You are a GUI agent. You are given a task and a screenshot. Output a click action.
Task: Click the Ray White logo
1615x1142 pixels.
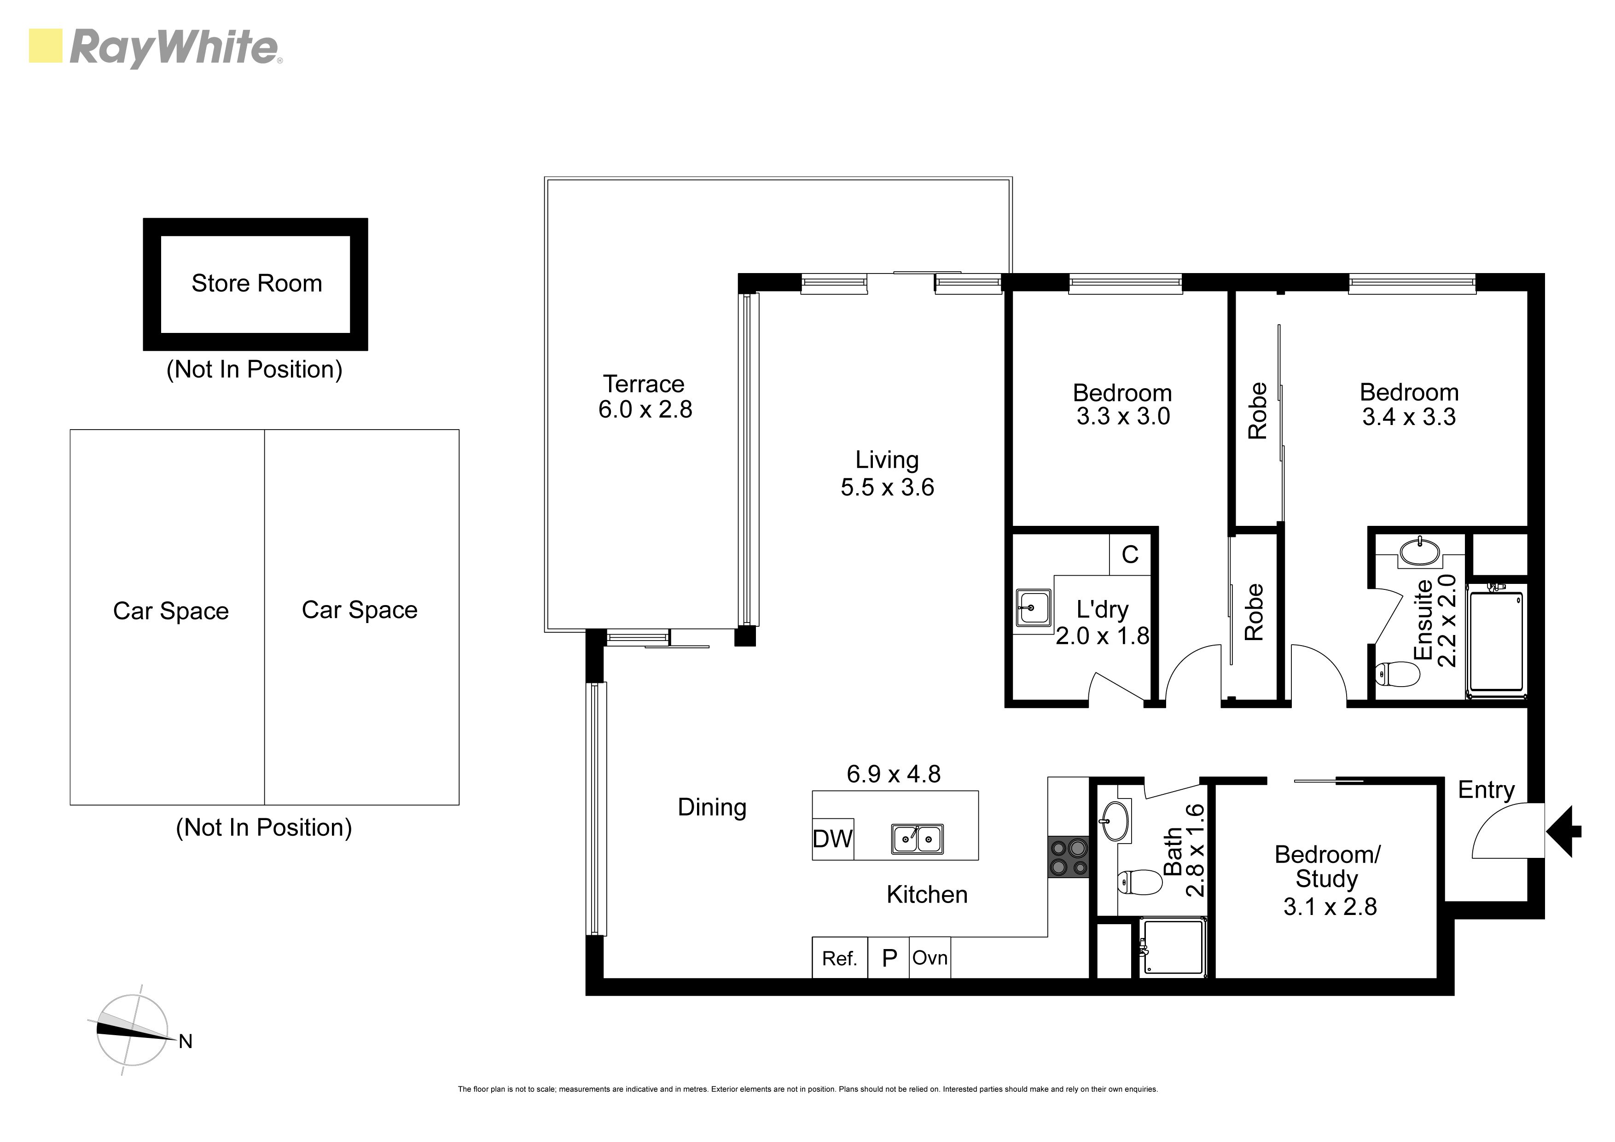click(x=155, y=47)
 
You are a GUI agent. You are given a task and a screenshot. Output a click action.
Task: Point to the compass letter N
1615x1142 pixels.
click(x=186, y=1041)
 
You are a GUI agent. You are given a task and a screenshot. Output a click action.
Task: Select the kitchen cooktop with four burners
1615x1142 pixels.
click(x=1069, y=857)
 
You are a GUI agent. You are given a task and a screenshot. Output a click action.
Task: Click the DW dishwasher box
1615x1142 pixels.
click(x=833, y=839)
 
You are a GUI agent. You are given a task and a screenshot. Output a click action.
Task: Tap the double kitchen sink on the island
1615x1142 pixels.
click(x=917, y=839)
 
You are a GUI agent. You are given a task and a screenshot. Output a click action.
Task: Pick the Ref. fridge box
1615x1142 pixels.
click(x=839, y=958)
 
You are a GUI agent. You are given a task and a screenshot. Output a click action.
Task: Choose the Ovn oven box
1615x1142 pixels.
click(x=930, y=958)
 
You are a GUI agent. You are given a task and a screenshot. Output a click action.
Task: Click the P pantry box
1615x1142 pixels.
click(x=889, y=958)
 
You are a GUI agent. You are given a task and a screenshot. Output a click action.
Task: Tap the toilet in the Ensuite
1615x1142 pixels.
click(x=1397, y=674)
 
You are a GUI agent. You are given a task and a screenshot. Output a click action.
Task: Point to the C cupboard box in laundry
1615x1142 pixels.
click(x=1130, y=554)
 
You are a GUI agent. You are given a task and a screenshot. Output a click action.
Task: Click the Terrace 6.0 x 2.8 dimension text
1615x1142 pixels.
click(x=645, y=409)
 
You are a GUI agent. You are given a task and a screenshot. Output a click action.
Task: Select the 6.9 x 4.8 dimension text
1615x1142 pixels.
click(x=893, y=774)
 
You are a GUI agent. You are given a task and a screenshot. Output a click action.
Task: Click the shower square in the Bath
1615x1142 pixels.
click(x=1173, y=947)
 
